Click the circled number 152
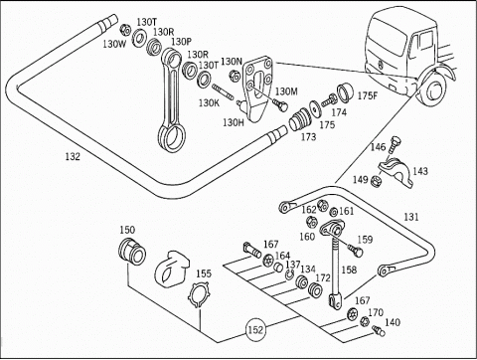pos(255,330)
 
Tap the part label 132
pos(73,156)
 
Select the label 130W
pos(114,44)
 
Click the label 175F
pos(368,95)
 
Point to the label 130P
pos(181,42)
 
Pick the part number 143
pos(420,171)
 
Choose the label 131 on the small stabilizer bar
pos(411,217)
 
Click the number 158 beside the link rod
pos(349,270)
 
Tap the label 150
pos(127,230)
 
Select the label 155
pos(204,273)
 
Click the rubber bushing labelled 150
pos(132,251)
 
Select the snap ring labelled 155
pos(199,294)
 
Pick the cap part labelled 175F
pos(346,92)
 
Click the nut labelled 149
pos(376,181)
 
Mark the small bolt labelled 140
pos(378,330)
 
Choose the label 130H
pos(234,122)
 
